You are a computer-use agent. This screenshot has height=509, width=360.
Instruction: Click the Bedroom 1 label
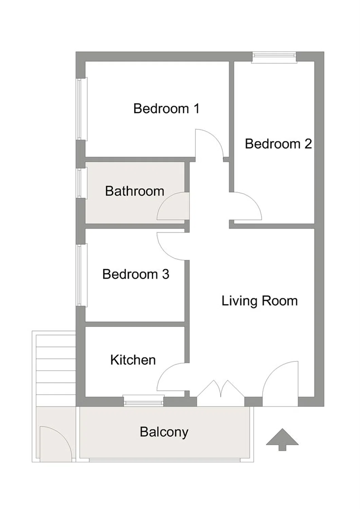pyautogui.click(x=166, y=108)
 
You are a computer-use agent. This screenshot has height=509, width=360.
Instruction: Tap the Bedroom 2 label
pyautogui.click(x=278, y=144)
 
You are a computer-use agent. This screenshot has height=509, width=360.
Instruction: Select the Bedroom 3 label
pyautogui.click(x=136, y=274)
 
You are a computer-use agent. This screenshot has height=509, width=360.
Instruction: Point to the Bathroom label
pyautogui.click(x=134, y=191)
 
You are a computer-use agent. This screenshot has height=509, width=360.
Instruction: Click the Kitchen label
pyautogui.click(x=133, y=360)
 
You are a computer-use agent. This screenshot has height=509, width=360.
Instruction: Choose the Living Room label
pyautogui.click(x=260, y=301)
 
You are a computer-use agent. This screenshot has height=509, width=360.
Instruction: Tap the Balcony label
pyautogui.click(x=164, y=432)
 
